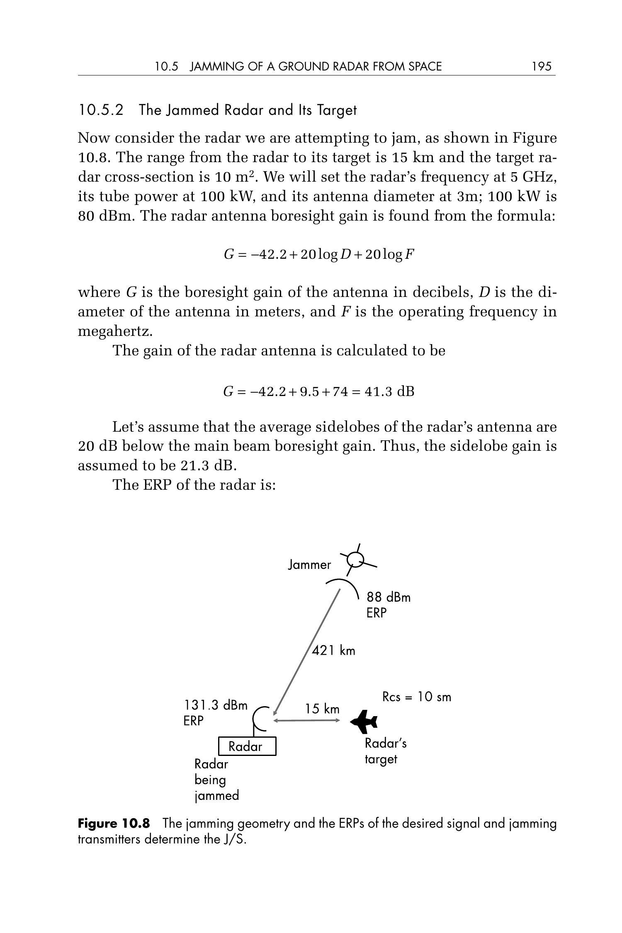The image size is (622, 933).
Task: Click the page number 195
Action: pyautogui.click(x=542, y=66)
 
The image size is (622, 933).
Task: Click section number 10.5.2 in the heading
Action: pyautogui.click(x=101, y=110)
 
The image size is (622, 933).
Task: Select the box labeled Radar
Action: pyautogui.click(x=247, y=746)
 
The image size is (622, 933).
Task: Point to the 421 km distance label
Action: pyautogui.click(x=333, y=650)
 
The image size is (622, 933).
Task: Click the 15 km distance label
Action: pyautogui.click(x=322, y=709)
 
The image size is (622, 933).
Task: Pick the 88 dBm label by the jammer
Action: pyautogui.click(x=388, y=598)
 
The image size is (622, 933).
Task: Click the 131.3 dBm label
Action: pyautogui.click(x=215, y=705)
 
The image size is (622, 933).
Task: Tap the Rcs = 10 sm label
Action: pyautogui.click(x=416, y=697)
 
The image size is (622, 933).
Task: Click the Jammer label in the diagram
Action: pyautogui.click(x=309, y=565)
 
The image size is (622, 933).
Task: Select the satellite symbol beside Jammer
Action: pyautogui.click(x=356, y=560)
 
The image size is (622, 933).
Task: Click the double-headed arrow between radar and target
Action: pyautogui.click(x=306, y=721)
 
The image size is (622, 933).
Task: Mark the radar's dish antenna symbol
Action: pyautogui.click(x=260, y=719)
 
